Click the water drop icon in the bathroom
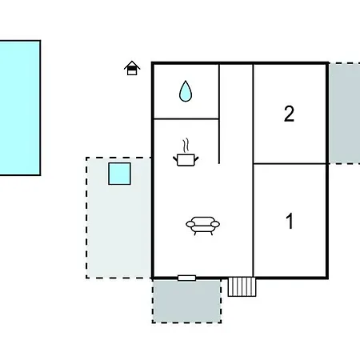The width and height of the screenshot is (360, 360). click(186, 91)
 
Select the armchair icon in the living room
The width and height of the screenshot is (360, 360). click(202, 226)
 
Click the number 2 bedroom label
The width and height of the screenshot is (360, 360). click(289, 114)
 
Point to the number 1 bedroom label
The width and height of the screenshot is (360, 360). click(290, 221)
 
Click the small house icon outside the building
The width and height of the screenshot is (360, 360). click(132, 68)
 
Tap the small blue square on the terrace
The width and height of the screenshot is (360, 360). click(119, 174)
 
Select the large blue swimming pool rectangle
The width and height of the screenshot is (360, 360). click(20, 108)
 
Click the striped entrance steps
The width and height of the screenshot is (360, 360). click(242, 286)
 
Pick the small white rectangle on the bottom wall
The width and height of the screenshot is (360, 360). click(186, 278)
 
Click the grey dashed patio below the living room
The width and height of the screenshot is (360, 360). click(186, 302)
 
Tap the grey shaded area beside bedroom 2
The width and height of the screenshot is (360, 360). click(345, 114)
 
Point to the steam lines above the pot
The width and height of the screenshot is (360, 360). click(186, 146)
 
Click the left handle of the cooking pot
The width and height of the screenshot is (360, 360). click(175, 160)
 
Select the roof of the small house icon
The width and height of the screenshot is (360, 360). click(132, 65)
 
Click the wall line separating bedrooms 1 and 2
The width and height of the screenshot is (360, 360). click(290, 163)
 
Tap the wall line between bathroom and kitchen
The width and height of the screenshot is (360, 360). click(186, 118)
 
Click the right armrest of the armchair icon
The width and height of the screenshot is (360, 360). click(215, 224)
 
